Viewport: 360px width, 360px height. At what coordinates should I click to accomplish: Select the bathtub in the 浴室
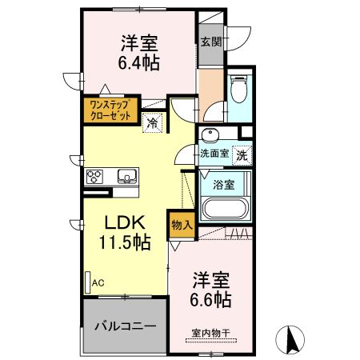tap(225, 210)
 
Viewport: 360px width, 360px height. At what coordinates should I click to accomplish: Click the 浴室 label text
tap(223, 185)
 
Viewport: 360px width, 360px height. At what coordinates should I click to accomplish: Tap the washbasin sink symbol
tap(212, 134)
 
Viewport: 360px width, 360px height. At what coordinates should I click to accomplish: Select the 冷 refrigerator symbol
tap(153, 122)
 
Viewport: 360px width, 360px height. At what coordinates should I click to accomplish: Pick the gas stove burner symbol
tap(93, 176)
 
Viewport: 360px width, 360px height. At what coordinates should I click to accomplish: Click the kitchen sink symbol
tap(126, 176)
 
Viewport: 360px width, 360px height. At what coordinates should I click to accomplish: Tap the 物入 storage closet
tap(182, 226)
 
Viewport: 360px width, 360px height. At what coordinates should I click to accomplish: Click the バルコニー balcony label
tap(124, 327)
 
